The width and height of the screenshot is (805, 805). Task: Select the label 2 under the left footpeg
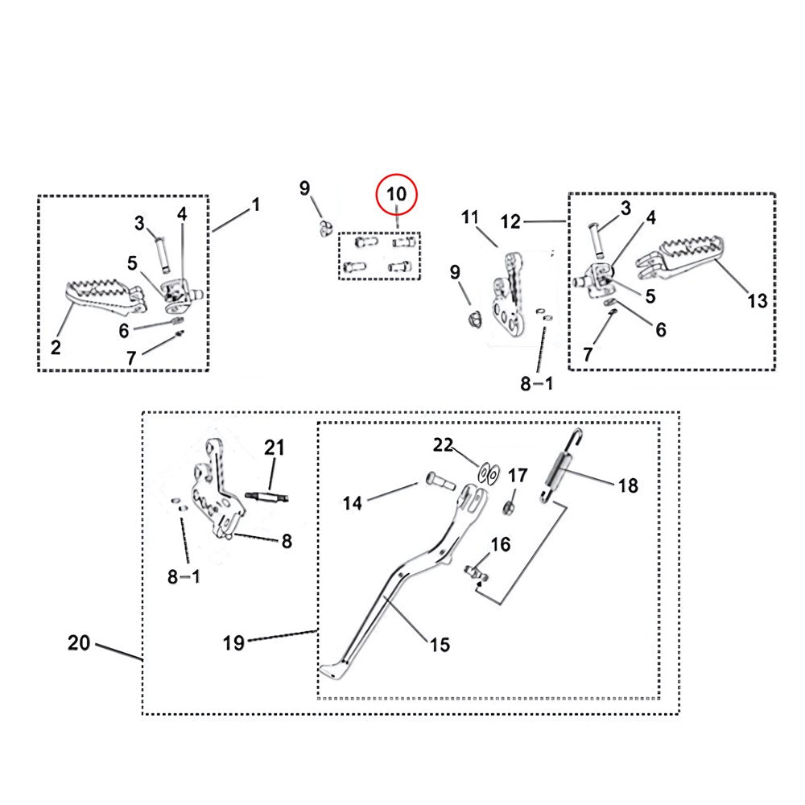click(56, 348)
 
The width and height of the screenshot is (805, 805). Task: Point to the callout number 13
click(757, 301)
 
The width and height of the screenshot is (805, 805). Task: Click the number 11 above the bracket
click(470, 217)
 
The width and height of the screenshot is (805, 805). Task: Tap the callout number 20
click(79, 643)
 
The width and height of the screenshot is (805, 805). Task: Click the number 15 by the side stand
click(440, 644)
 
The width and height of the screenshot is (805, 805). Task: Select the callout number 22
click(444, 444)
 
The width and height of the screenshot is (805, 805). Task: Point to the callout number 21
click(275, 448)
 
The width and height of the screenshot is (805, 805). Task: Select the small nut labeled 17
click(509, 508)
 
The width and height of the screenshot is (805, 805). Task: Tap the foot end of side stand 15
click(332, 670)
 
